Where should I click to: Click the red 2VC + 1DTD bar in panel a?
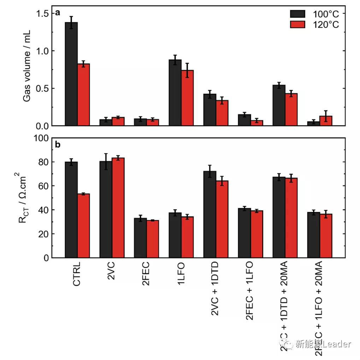(x=222, y=113)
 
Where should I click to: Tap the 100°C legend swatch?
(x=297, y=14)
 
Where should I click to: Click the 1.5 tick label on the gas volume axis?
(x=43, y=13)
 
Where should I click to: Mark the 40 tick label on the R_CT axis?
(x=43, y=210)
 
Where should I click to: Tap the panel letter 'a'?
(x=57, y=13)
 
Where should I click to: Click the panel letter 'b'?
(x=58, y=144)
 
